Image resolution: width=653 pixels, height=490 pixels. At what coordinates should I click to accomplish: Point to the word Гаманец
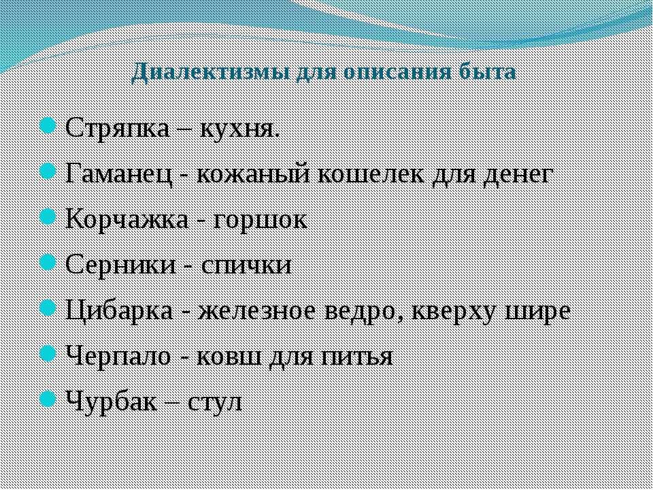118,175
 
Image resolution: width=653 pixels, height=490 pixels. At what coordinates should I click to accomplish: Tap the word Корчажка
127,220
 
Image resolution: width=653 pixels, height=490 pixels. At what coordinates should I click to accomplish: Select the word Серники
120,265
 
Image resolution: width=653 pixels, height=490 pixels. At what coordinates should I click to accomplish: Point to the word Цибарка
119,310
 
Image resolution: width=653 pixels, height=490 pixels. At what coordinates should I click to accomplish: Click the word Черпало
118,357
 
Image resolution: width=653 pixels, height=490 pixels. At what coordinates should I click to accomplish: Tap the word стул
215,402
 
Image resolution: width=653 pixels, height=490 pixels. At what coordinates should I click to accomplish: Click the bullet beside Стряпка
48,126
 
